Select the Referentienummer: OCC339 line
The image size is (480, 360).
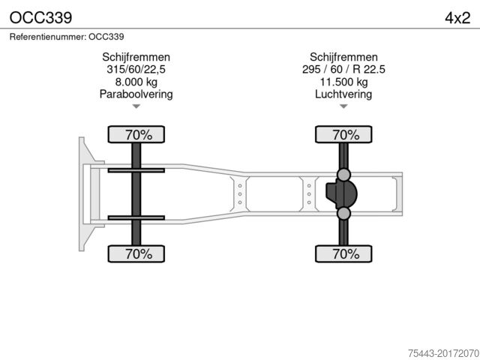[67, 36]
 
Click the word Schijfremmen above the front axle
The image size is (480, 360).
[136, 57]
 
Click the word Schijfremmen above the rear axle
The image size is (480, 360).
[343, 57]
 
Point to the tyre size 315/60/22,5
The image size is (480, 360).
[136, 70]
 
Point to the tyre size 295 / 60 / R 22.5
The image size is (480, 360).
[343, 70]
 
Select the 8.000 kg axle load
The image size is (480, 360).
[136, 82]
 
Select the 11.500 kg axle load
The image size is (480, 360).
[343, 82]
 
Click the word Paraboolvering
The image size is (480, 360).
[136, 94]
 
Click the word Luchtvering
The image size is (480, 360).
[343, 94]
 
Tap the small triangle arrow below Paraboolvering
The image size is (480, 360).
[136, 106]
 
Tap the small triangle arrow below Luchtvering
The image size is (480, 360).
[343, 106]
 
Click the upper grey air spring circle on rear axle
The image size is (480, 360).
[344, 175]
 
